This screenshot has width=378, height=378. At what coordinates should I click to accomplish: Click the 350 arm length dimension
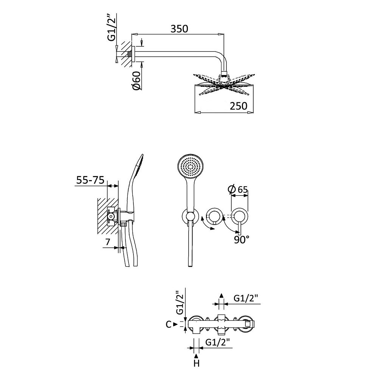pyautogui.click(x=179, y=29)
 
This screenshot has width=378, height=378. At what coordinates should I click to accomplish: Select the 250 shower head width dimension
pyautogui.click(x=239, y=106)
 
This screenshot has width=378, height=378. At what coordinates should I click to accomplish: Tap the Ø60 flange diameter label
pyautogui.click(x=136, y=81)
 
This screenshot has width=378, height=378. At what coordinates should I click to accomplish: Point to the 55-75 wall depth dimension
pyautogui.click(x=90, y=180)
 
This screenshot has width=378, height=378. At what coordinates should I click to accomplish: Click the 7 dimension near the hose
pyautogui.click(x=108, y=242)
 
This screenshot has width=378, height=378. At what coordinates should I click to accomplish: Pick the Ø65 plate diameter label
pyautogui.click(x=238, y=190)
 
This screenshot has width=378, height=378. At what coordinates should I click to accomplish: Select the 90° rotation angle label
pyautogui.click(x=242, y=240)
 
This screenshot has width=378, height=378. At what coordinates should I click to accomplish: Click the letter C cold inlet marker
pyautogui.click(x=169, y=324)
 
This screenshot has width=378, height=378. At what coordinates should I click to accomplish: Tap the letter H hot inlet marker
pyautogui.click(x=197, y=363)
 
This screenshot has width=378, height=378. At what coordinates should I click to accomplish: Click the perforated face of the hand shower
pyautogui.click(x=191, y=167)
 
